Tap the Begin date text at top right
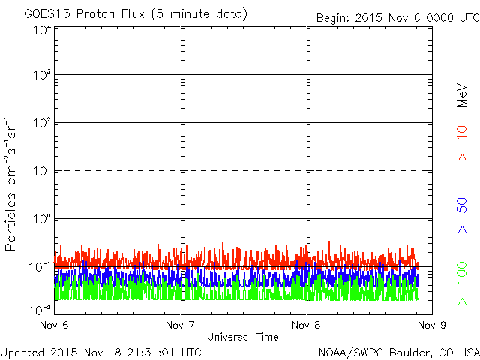pos(398,18)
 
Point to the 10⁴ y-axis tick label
pos(42,30)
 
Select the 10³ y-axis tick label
pos(42,74)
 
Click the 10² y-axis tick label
pos(42,122)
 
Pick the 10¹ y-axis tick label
pos(42,170)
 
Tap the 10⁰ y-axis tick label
pos(42,218)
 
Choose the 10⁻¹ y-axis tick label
pos(40,267)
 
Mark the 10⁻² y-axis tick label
pos(40,310)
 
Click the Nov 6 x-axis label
pos(54,325)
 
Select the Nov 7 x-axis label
pos(180,325)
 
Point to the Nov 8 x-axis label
pos(306,325)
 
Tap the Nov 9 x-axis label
pos(432,325)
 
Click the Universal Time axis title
pos(243,337)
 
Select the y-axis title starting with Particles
pos(10,184)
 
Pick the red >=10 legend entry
pos(462,143)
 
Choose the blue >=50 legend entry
pos(462,215)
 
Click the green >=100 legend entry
pos(462,283)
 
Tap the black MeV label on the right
pos(462,95)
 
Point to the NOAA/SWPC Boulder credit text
pos(399,352)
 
